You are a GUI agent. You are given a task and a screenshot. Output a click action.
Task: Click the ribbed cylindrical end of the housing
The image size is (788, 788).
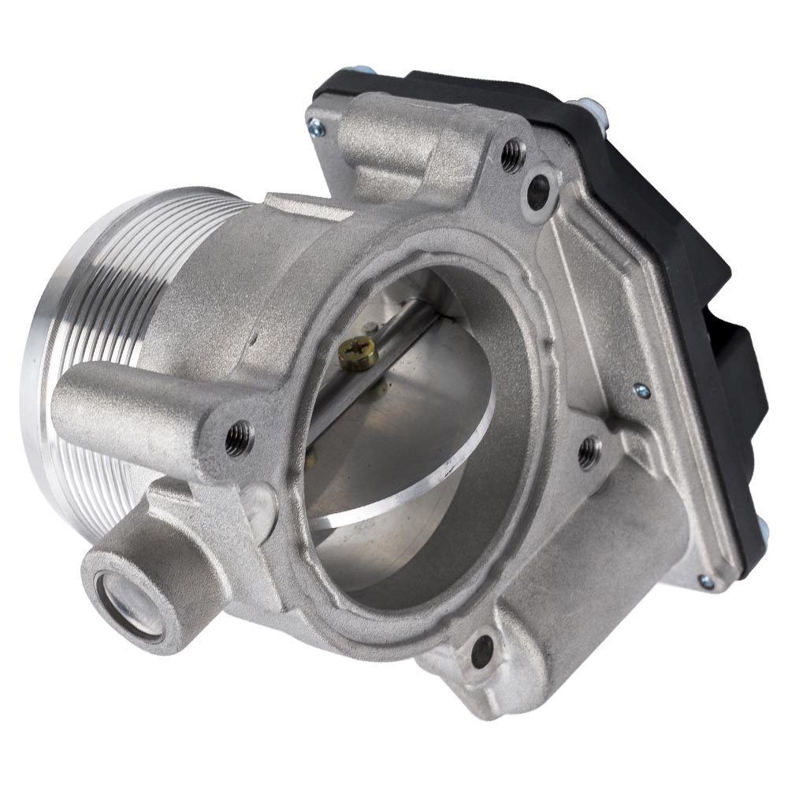pyautogui.click(x=87, y=331)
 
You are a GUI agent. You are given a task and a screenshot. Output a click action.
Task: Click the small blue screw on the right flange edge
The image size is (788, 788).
pyautogui.click(x=642, y=390)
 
